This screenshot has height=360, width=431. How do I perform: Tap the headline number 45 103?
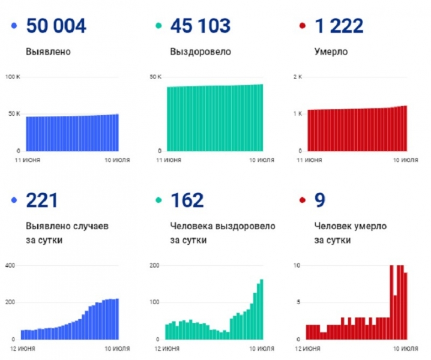(200, 26)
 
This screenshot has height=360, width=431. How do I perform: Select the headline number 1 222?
(339, 26)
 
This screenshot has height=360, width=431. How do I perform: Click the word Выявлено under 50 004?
(49, 52)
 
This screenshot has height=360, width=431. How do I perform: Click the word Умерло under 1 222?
(331, 52)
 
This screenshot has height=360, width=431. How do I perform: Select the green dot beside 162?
(158, 201)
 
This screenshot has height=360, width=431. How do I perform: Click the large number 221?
(41, 200)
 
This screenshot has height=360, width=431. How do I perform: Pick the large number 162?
(187, 200)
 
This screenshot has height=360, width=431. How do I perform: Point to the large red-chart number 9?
(319, 200)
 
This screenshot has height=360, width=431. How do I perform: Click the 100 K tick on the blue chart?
(13, 77)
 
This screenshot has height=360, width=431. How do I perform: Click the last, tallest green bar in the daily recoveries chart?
(262, 309)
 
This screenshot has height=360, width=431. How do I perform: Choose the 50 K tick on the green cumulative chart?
(155, 77)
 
